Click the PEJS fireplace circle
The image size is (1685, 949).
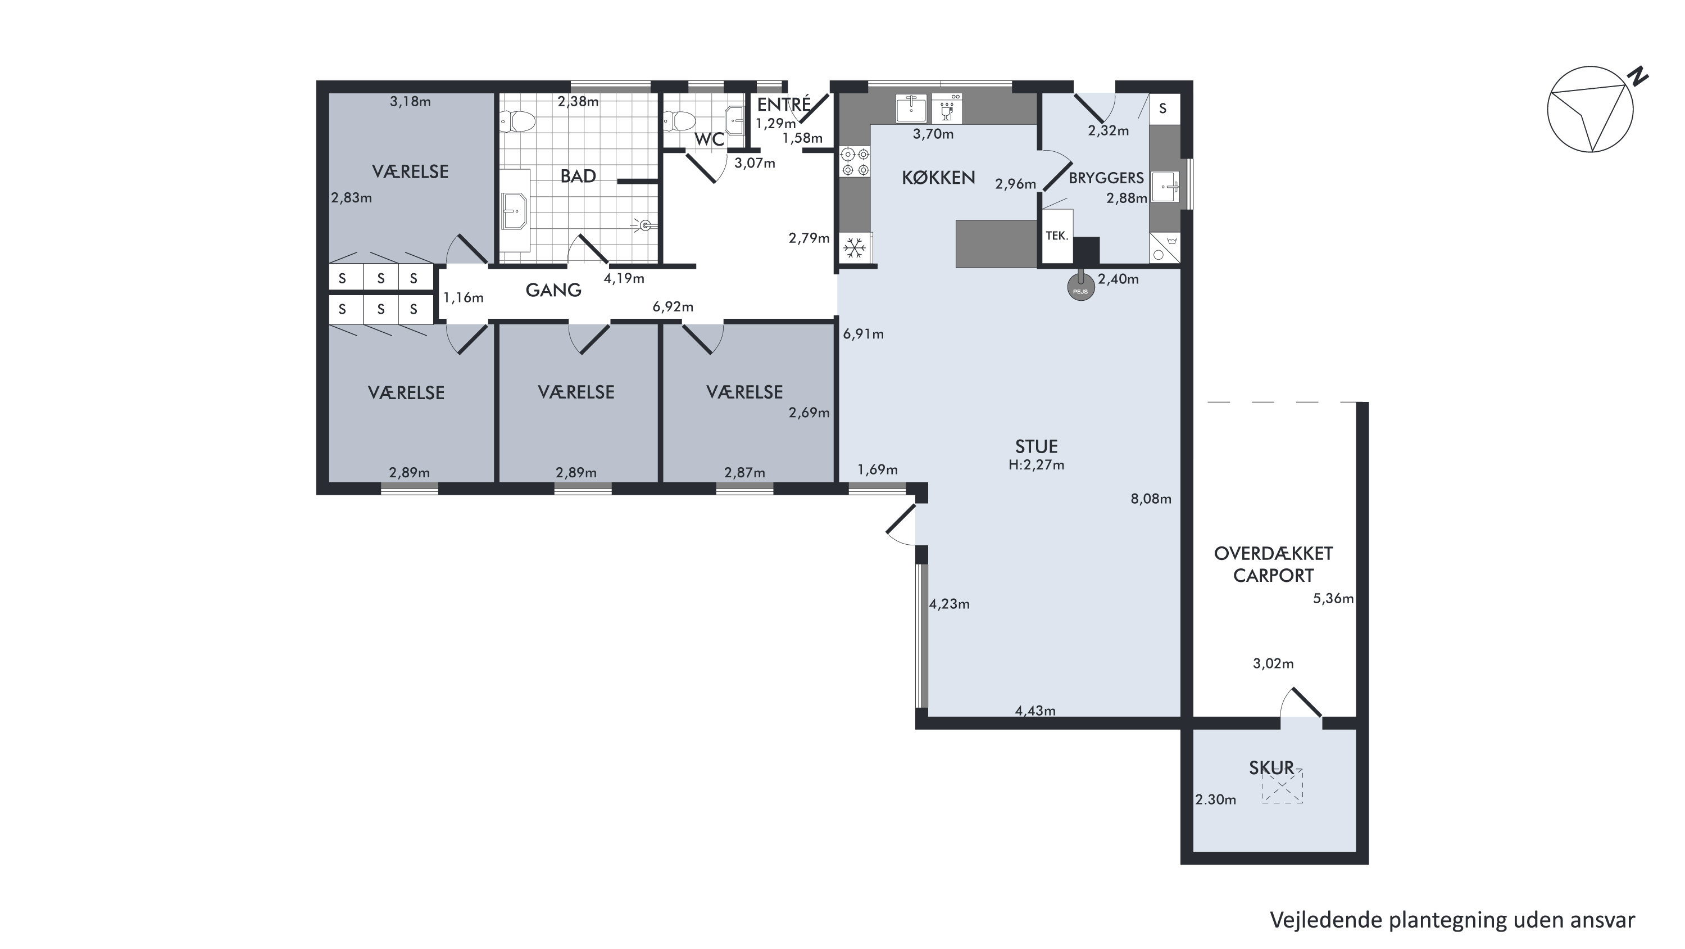(x=1080, y=288)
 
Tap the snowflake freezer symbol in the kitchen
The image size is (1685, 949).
(x=853, y=248)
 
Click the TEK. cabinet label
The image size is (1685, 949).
(x=1056, y=236)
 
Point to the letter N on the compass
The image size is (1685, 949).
(x=1637, y=76)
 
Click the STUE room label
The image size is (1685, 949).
(x=1036, y=446)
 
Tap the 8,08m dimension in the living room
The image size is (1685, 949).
(x=1151, y=499)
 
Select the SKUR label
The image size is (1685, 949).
(x=1271, y=768)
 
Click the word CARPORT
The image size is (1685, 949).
(x=1273, y=576)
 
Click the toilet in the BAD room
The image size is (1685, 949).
(x=518, y=121)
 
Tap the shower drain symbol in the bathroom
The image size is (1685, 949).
(x=644, y=226)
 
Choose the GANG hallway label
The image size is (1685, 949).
(x=553, y=290)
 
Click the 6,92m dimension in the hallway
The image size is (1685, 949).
(x=673, y=307)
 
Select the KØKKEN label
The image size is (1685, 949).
(x=938, y=177)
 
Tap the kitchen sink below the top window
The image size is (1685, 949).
(x=911, y=108)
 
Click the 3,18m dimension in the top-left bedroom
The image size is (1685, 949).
(x=410, y=101)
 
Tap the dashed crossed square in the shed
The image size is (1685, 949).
(x=1282, y=786)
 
